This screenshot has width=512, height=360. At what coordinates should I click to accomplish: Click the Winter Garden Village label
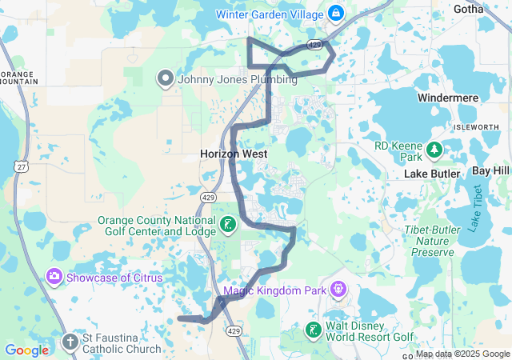pos(268,14)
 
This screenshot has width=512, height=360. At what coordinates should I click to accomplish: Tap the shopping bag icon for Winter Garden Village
pos(335,14)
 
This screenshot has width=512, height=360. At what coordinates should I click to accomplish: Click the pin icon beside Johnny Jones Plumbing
pos(166,78)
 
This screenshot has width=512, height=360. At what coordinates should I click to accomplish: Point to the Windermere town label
pos(448,98)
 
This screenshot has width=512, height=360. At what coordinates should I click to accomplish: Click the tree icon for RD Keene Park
pos(434,150)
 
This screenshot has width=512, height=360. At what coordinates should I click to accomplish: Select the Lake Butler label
pos(432,174)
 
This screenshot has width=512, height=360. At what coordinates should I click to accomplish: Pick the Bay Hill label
pos(490,171)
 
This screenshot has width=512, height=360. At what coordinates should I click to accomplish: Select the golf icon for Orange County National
pos(228,226)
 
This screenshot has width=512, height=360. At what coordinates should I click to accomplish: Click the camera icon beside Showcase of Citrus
pos(54,278)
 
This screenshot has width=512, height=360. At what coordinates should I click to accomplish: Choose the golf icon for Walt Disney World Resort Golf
pos(314,330)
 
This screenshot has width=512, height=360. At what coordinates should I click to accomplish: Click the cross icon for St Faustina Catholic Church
pos(70,342)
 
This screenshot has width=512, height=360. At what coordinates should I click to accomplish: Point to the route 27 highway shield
pos(18,164)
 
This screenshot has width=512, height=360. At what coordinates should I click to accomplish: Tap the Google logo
pos(27,350)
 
